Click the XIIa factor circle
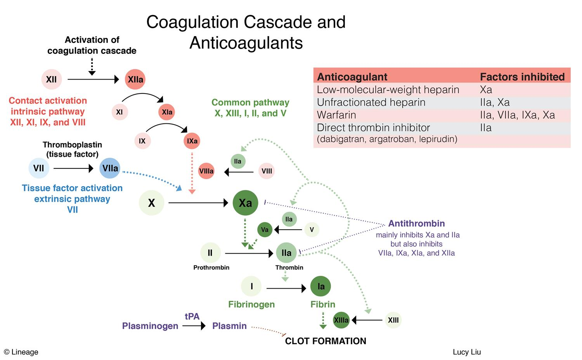pos(135,80)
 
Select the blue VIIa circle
pos(110,168)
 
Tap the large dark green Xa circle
pos(245,202)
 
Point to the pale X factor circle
pos(151,202)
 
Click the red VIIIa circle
pos(206,171)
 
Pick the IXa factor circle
pos(192,141)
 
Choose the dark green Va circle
pos(265,230)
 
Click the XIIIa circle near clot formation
pos(341,320)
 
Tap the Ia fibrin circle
pos(321,287)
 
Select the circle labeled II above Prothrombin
pos(210,253)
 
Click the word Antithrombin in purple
pos(416,223)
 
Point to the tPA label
pos(192,316)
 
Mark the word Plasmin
pos(229,326)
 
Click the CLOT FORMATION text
pos(326,341)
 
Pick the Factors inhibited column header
pos(522,77)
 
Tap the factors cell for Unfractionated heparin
pos(495,102)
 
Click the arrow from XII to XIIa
pos(93,80)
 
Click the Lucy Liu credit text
pos(467,352)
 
